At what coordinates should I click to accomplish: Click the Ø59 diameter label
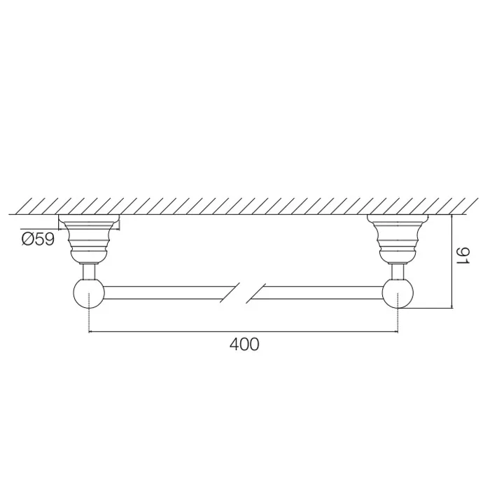[x=38, y=239]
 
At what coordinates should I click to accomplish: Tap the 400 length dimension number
[x=244, y=344]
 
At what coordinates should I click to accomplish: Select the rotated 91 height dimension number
[x=463, y=255]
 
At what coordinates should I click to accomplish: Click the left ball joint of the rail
[x=89, y=293]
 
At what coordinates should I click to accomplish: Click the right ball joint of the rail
[x=398, y=293]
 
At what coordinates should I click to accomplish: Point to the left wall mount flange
[x=89, y=237]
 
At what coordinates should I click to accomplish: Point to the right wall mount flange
[x=398, y=237]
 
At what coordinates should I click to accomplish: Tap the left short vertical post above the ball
[x=89, y=272]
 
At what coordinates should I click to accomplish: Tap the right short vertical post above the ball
[x=398, y=272]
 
